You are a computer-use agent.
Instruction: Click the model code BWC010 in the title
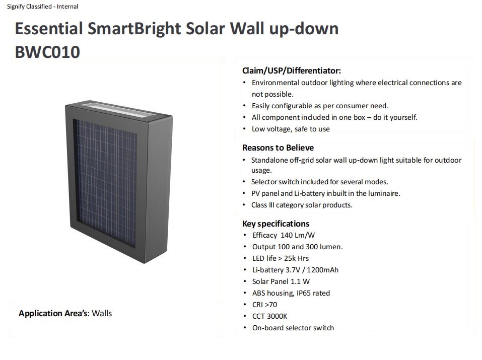point(47,52)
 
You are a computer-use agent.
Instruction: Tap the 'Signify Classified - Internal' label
point(42,7)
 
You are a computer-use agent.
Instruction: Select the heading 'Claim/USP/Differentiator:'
point(292,70)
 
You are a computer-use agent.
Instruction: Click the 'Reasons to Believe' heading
point(278,148)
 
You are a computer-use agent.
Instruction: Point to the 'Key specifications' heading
point(276,224)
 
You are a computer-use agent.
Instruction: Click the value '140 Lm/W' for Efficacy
point(298,235)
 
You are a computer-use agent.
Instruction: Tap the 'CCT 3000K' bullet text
point(269,316)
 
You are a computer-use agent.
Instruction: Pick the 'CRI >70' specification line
point(264,305)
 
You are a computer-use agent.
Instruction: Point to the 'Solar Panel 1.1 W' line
point(281,281)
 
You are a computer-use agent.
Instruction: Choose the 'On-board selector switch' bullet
point(293,328)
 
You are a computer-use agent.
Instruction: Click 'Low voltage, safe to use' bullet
point(291,129)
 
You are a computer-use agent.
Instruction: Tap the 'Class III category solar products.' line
point(302,205)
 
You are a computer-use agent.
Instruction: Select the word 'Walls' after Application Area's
point(102,313)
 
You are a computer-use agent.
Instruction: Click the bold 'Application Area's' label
point(53,313)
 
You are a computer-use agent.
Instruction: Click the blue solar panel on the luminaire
point(105,183)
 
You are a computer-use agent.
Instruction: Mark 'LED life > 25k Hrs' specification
point(281,258)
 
